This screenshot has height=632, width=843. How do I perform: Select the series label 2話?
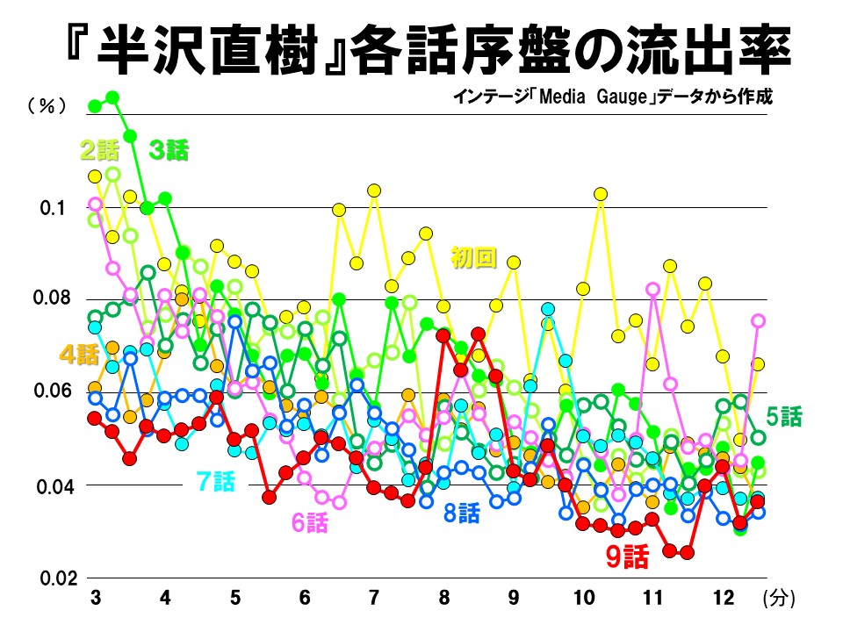tap(98, 150)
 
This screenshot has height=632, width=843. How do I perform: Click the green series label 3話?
tap(169, 150)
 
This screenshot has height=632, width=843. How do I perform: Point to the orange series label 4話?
tap(79, 355)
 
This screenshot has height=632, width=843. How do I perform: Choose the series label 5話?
tap(783, 414)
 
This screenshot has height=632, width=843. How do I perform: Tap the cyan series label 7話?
tap(216, 480)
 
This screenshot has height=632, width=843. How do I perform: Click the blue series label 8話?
tap(462, 513)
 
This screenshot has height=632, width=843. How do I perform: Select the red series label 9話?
tap(627, 557)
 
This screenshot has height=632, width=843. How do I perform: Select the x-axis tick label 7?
tap(374, 599)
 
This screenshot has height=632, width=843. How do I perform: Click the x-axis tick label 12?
tap(723, 599)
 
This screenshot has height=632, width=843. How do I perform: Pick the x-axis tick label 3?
tap(95, 599)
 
